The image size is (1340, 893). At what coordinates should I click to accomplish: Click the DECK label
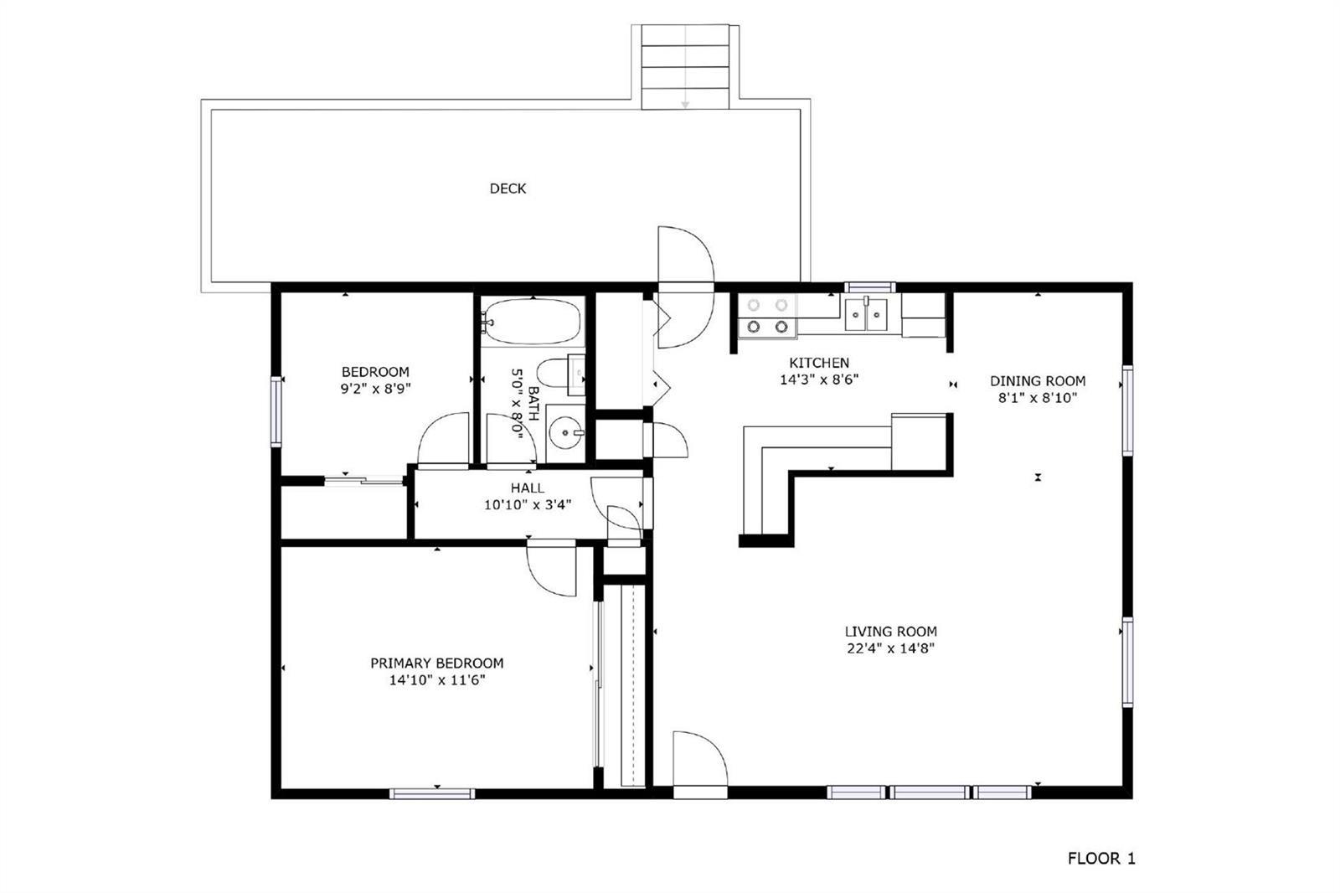[508, 188]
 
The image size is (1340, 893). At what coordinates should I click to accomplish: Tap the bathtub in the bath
[532, 322]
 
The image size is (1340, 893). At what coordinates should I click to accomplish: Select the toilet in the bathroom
[560, 374]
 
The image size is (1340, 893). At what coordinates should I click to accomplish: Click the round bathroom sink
[565, 433]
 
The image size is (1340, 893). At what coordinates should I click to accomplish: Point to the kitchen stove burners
[767, 316]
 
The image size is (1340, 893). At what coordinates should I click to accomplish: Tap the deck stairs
[686, 67]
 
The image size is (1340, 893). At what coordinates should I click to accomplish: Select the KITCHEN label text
[819, 363]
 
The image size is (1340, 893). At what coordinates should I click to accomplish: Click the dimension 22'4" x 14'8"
[891, 648]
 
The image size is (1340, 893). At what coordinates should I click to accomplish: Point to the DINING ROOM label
[1038, 380]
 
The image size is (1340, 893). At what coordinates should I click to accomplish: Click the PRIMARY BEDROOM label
[436, 663]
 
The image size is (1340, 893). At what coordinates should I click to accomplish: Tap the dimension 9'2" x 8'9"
[376, 389]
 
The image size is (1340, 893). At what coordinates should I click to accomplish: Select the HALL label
[528, 488]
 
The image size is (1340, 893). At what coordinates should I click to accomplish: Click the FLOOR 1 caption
[1101, 859]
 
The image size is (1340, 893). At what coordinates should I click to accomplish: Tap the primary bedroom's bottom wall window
[432, 793]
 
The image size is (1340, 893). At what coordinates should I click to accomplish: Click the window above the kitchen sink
[870, 287]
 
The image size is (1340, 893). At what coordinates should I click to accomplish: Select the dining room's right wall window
[1127, 410]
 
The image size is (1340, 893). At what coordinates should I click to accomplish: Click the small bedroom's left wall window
[276, 411]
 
